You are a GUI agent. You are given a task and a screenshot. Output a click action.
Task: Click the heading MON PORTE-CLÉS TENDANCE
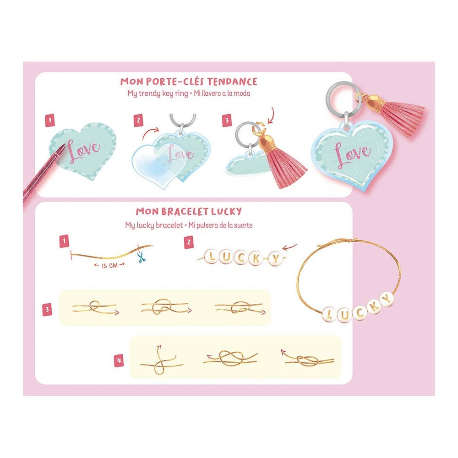(189, 82)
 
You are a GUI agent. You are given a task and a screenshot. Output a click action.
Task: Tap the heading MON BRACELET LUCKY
(189, 211)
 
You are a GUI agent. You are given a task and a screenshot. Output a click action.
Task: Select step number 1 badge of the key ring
(50, 120)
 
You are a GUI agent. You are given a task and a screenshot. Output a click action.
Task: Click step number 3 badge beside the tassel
(227, 120)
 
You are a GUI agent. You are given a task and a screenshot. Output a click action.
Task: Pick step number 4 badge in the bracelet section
(119, 360)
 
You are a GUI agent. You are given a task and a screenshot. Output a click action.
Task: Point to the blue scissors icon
(142, 257)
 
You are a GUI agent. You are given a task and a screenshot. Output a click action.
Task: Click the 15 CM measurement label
(109, 266)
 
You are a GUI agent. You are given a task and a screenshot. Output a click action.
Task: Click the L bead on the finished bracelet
(329, 315)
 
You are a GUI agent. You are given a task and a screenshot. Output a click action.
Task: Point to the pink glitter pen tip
(62, 147)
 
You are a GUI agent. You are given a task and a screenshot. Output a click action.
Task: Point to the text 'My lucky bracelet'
(154, 225)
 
